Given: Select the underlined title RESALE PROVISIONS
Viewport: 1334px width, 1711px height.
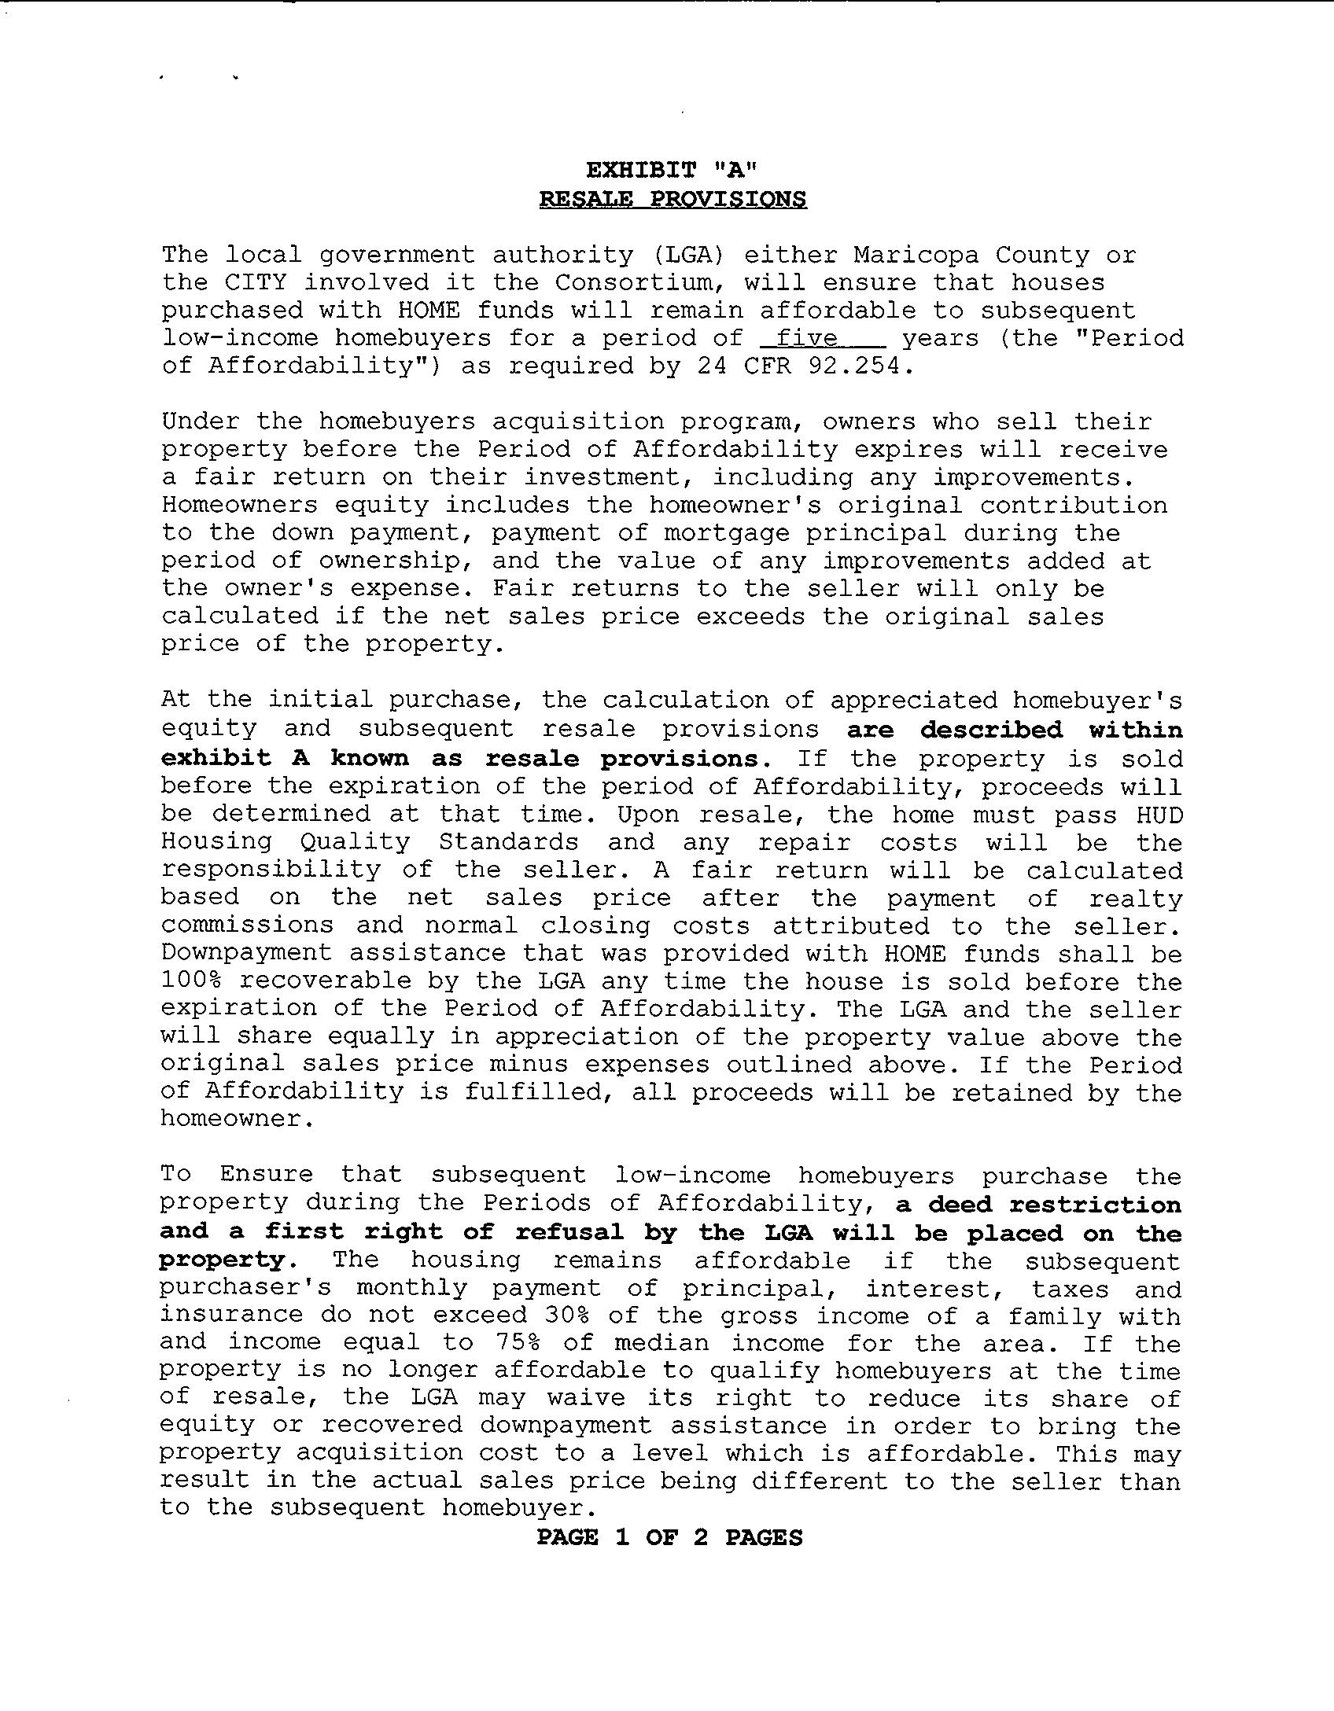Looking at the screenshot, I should tap(673, 199).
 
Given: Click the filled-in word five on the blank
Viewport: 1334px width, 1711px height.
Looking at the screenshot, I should tap(806, 338).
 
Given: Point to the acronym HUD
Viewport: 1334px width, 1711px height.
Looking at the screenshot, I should tap(1159, 815).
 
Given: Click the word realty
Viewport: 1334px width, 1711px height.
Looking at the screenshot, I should tap(1136, 898).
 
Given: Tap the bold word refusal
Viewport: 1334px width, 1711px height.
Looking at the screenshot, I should tap(569, 1232).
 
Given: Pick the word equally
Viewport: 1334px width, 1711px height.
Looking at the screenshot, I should tap(385, 1037).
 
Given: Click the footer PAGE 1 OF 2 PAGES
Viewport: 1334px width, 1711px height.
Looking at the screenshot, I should tap(669, 1538).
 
